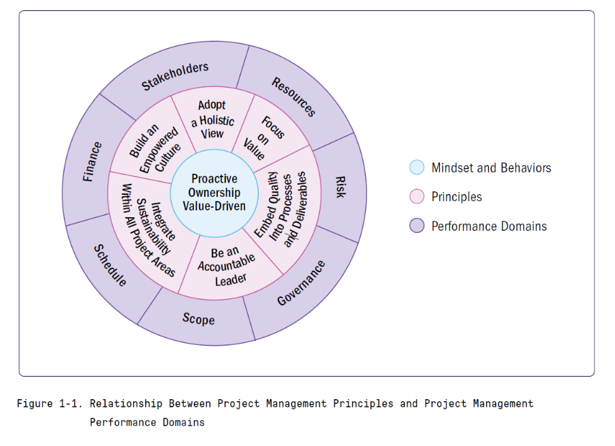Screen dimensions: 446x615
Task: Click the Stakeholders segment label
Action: [x=174, y=76]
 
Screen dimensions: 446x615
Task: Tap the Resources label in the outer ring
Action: [x=294, y=96]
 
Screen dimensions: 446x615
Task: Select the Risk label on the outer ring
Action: [x=339, y=187]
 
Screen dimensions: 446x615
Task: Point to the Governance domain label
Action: [x=301, y=282]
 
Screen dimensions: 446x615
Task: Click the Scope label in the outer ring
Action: [x=198, y=318]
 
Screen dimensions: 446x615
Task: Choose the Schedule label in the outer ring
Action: [x=110, y=265]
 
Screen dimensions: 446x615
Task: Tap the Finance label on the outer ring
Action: [x=92, y=162]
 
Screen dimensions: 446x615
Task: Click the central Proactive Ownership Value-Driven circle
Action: [x=214, y=192]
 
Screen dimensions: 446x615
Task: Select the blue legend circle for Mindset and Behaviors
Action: [x=417, y=168]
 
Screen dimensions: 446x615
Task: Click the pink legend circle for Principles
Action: [x=417, y=197]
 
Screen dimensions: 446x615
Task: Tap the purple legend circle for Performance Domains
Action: [x=417, y=226]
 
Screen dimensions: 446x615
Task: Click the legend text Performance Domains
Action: [x=489, y=226]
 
